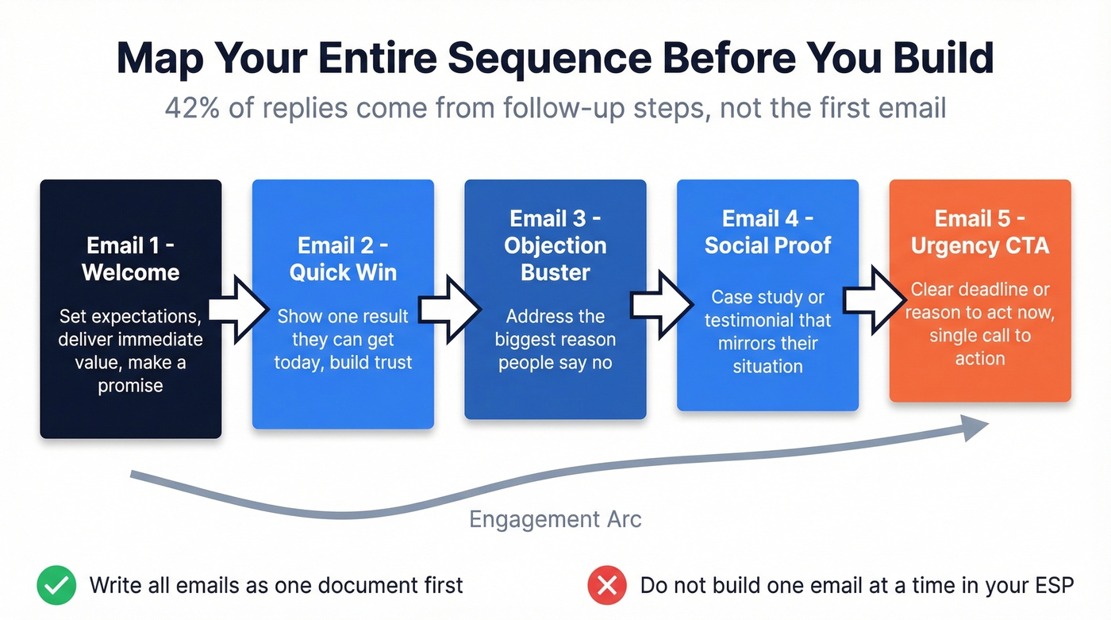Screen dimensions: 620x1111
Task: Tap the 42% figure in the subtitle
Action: click(x=190, y=106)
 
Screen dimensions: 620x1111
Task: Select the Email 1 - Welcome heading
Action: click(x=131, y=259)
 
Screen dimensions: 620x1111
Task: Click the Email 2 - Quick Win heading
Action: click(x=343, y=259)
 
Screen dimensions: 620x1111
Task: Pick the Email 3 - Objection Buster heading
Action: click(x=555, y=245)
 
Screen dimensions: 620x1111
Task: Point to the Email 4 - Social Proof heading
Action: click(x=767, y=232)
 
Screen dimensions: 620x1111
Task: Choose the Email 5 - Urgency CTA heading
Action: click(x=980, y=232)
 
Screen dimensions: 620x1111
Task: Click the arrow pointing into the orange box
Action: click(x=874, y=300)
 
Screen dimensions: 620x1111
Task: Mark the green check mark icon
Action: click(x=56, y=587)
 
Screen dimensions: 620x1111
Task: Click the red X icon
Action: click(x=607, y=587)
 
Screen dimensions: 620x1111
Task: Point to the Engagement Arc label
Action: click(x=555, y=519)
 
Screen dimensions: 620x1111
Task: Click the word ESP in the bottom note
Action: click(x=1051, y=587)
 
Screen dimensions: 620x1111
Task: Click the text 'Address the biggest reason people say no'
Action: click(x=555, y=340)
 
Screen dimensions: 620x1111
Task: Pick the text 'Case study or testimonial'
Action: click(x=767, y=309)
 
